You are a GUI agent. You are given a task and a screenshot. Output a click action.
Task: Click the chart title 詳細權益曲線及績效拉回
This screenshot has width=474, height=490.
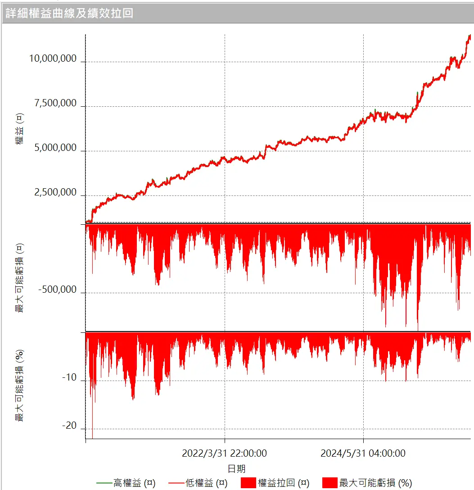tap(69, 13)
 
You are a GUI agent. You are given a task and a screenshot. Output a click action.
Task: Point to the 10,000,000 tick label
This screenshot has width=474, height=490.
tap(53, 59)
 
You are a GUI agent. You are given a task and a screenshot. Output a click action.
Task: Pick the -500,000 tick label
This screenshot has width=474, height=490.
tap(57, 290)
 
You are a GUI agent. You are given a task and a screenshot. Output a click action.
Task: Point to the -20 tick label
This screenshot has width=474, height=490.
tap(69, 426)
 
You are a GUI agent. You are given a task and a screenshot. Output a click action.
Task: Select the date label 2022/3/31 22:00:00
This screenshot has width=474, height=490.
tap(224, 453)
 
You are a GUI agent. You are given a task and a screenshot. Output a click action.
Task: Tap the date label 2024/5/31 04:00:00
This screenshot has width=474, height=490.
tap(363, 453)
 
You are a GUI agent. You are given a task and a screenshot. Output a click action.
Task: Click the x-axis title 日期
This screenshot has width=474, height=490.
tap(237, 469)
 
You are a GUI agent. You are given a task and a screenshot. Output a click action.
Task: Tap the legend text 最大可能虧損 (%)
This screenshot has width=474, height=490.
tap(375, 483)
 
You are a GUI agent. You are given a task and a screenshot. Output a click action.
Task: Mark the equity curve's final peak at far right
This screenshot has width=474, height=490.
tap(469, 35)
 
